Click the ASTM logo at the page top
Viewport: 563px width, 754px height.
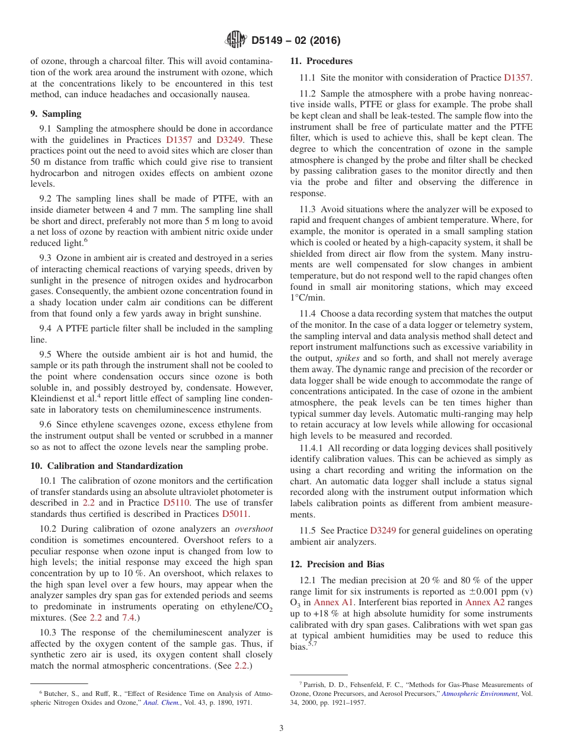(235, 40)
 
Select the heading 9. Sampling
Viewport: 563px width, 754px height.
(56, 114)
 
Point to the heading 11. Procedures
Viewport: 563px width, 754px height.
(321, 61)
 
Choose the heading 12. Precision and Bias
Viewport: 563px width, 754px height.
(337, 564)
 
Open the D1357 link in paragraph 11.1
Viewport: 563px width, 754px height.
(517, 77)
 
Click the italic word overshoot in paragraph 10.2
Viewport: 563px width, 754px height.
(254, 529)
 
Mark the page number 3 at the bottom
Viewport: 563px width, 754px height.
(281, 728)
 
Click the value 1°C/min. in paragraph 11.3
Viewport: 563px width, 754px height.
(308, 298)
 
